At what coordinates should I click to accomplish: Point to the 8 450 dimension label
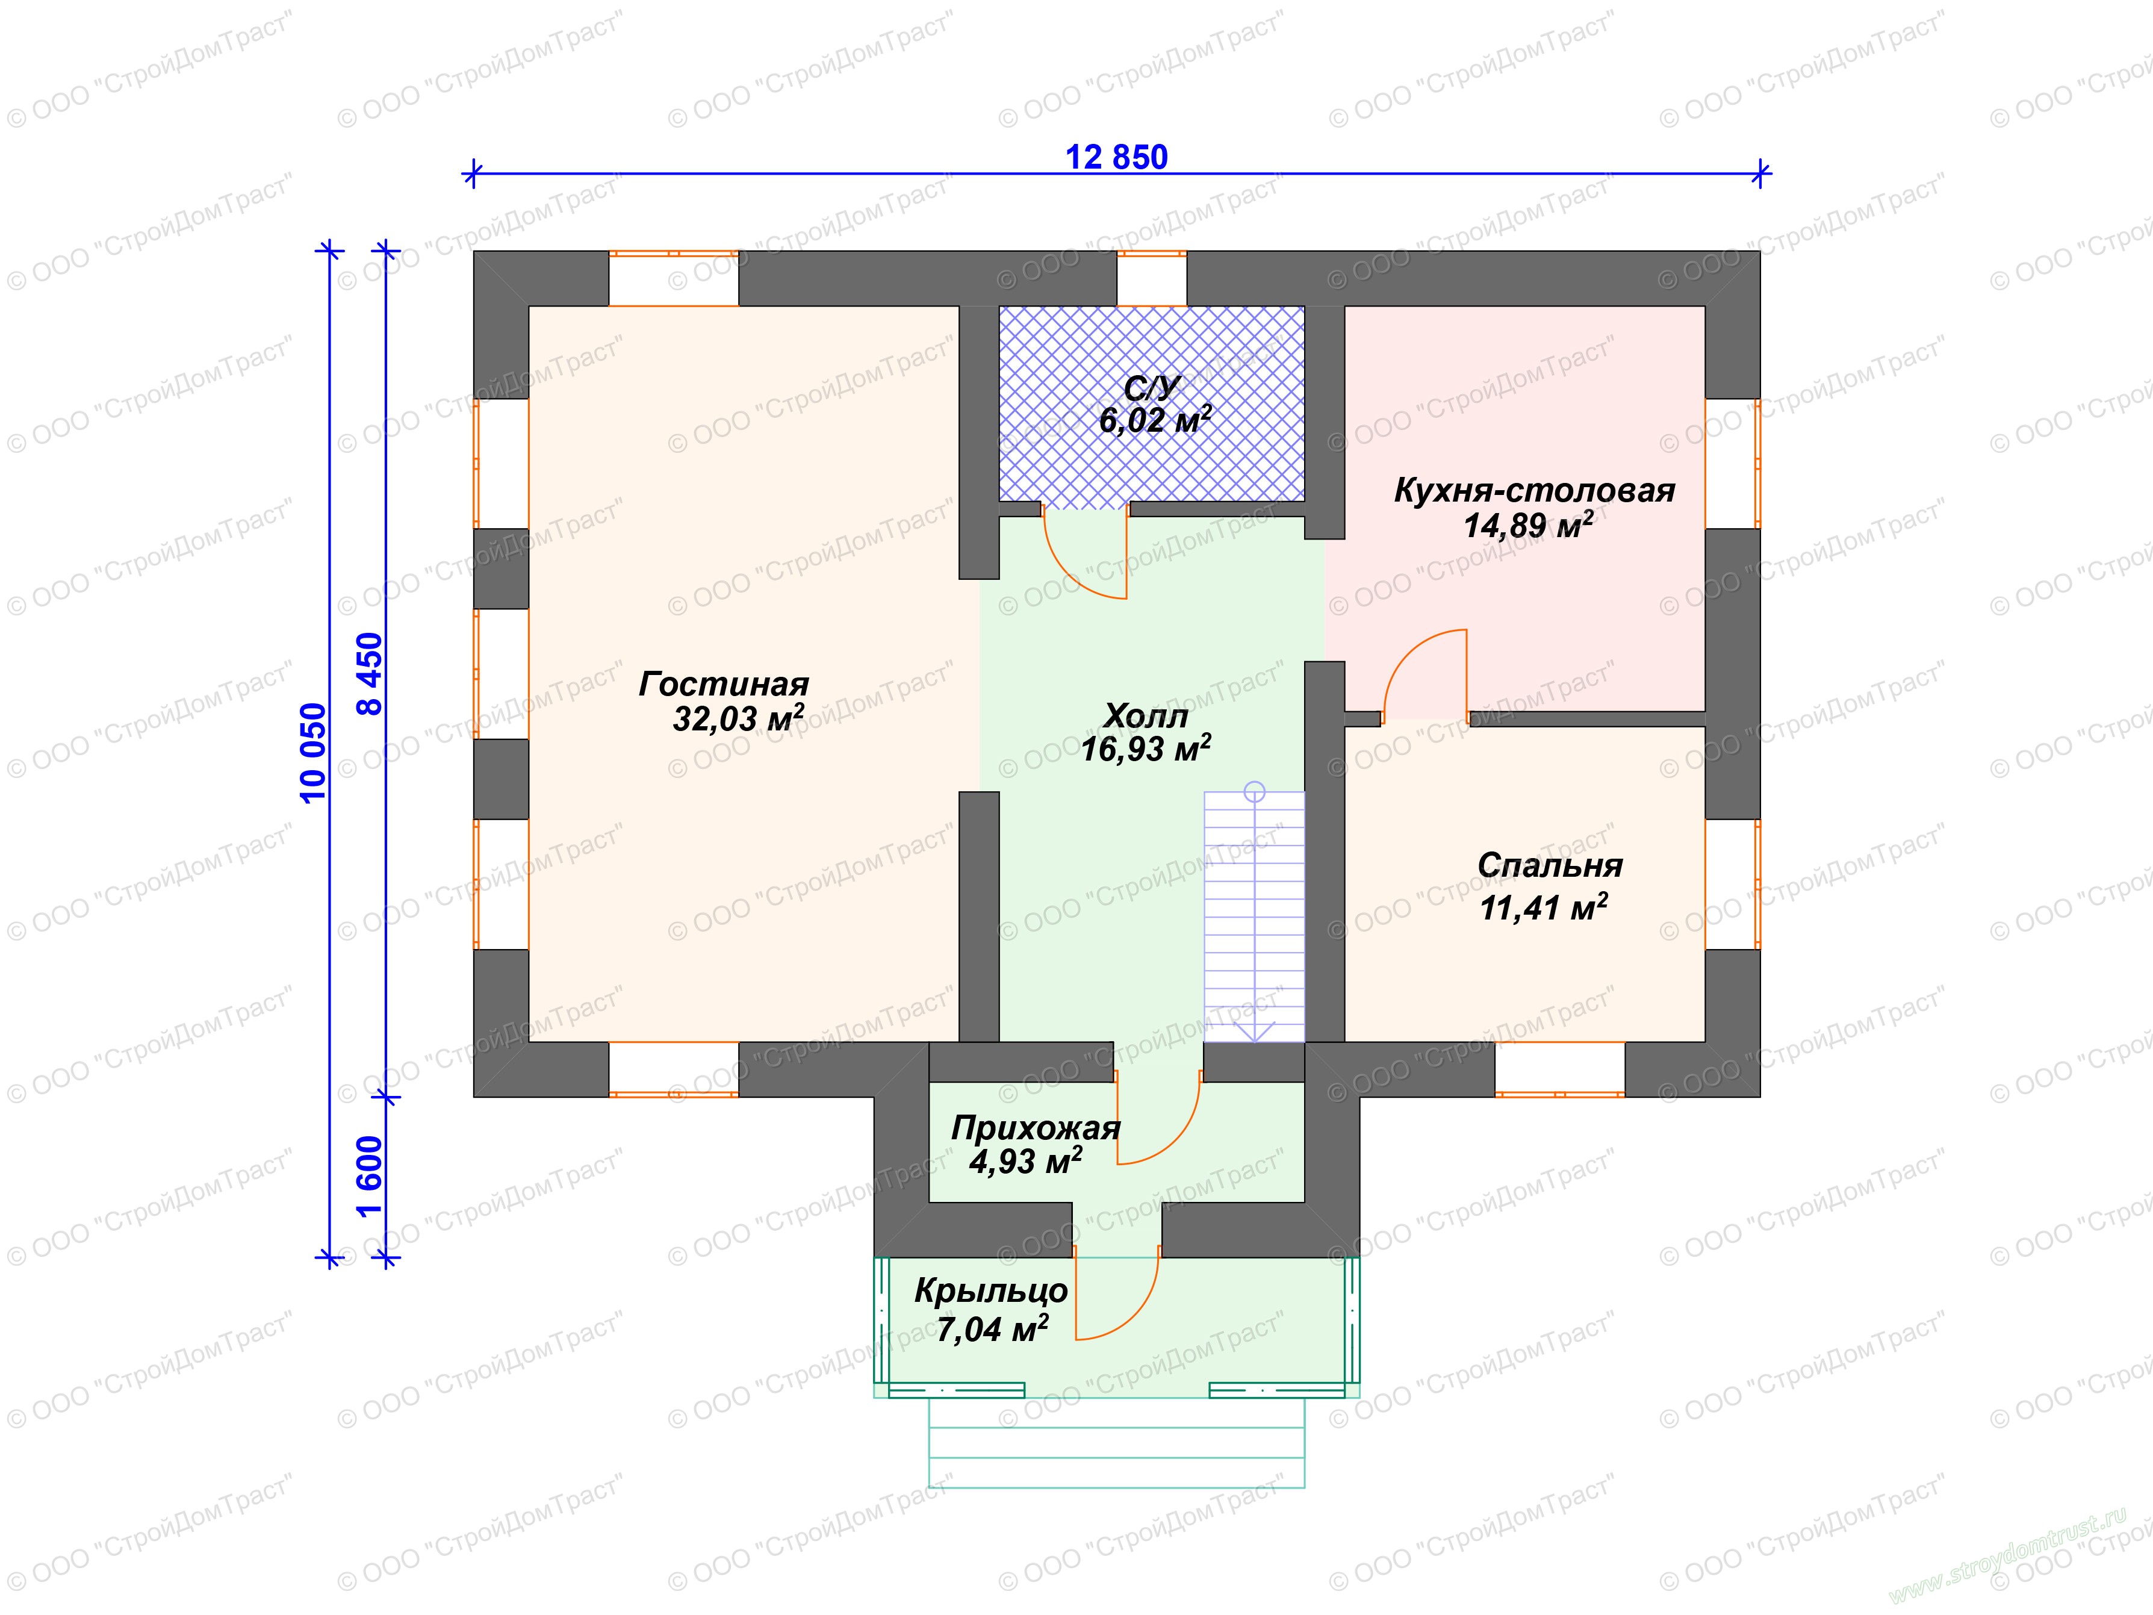coord(371,674)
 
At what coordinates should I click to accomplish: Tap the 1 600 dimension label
coord(371,1177)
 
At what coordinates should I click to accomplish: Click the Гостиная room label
coord(723,684)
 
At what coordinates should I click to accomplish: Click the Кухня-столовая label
coord(1534,490)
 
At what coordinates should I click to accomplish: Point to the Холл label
coord(1146,717)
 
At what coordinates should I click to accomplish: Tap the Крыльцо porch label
coord(991,1292)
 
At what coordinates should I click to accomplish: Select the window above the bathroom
coord(1151,279)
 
